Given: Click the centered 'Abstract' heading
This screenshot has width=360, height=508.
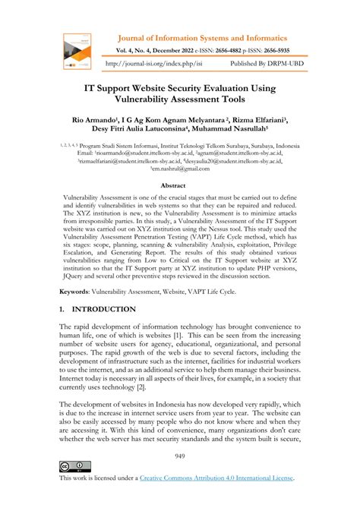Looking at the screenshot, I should click(179, 185).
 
